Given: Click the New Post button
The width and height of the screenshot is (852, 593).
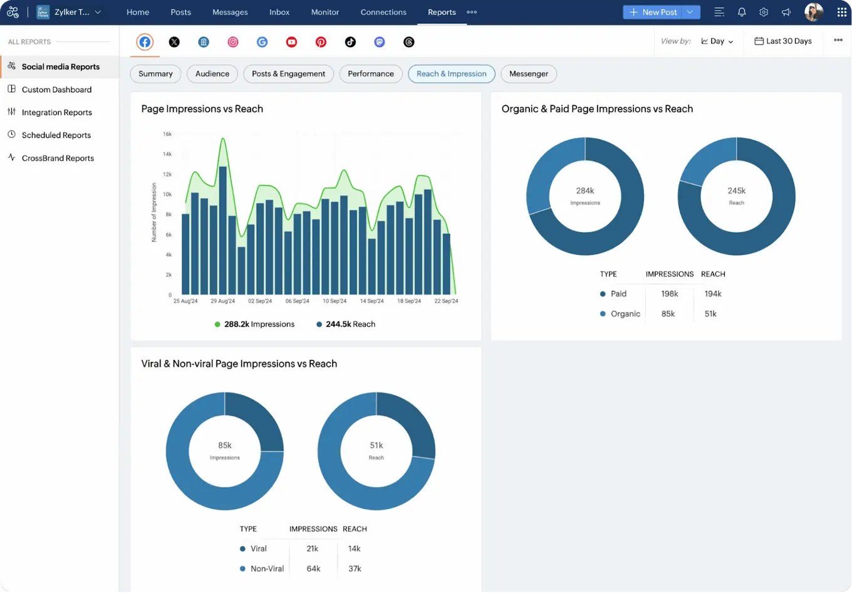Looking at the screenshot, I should point(653,12).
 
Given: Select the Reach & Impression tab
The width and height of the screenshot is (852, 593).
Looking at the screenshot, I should point(451,74).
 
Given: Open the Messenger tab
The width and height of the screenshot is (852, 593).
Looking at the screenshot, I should point(528,74).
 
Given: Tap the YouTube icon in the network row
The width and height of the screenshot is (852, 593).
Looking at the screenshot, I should point(291,42).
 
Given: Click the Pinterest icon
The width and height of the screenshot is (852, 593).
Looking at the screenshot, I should point(321,42).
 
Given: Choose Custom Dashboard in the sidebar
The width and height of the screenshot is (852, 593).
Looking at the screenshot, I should point(56,90).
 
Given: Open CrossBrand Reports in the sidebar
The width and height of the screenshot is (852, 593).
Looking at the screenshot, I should point(58,158).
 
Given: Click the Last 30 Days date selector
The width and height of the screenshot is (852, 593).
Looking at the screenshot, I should point(783,41).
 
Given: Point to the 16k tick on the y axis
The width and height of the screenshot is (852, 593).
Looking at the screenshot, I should point(167,134).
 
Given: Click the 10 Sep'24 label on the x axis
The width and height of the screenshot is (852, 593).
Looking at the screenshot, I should point(334,302).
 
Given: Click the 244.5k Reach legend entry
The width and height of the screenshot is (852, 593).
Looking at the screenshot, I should point(346,324).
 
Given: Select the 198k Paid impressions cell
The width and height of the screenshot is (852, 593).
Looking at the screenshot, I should point(669,293).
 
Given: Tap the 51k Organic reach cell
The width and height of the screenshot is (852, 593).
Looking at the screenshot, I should point(710,313).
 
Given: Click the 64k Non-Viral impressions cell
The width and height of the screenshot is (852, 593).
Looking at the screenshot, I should point(313,569).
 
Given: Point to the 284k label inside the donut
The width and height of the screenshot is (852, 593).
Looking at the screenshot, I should point(584,191).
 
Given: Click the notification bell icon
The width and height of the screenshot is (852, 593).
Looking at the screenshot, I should point(742,12).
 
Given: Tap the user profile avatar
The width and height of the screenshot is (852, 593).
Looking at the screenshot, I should point(813,12).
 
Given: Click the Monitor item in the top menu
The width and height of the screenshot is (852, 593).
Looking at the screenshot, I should point(325,12).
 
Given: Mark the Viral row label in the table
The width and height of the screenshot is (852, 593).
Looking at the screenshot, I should point(258,548).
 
